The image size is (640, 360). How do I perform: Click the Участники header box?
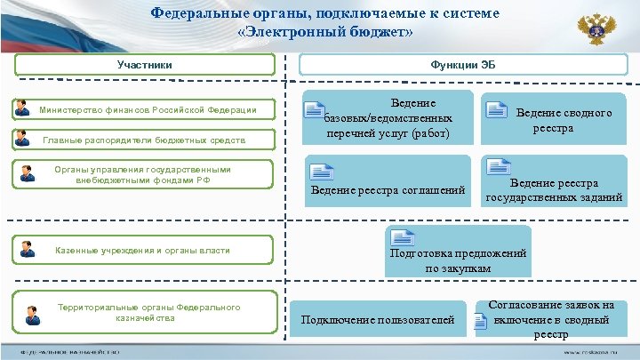tap(145, 64)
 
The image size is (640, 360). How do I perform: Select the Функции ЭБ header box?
tap(463, 65)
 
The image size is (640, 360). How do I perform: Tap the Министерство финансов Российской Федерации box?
tap(148, 110)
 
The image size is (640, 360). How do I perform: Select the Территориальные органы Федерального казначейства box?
tap(148, 313)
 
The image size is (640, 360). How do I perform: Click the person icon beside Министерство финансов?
tap(23, 109)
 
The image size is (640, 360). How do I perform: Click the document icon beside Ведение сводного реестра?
tap(496, 109)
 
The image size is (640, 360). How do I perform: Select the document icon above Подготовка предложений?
tap(404, 238)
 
